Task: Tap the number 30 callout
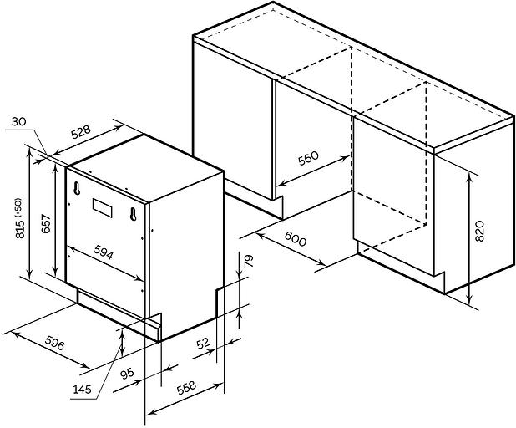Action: pyautogui.click(x=18, y=122)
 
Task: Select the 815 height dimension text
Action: pyautogui.click(x=20, y=227)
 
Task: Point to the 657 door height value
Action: pyautogui.click(x=46, y=224)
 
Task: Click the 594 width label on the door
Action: pyautogui.click(x=104, y=252)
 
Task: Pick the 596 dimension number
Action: pyautogui.click(x=54, y=343)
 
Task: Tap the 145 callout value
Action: pyautogui.click(x=82, y=390)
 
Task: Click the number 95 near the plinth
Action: pyautogui.click(x=127, y=374)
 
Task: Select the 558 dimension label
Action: pyautogui.click(x=186, y=388)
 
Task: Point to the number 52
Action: pyautogui.click(x=203, y=344)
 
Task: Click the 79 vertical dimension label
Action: pyautogui.click(x=249, y=261)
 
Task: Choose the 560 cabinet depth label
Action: pyautogui.click(x=308, y=158)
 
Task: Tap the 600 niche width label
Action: pyautogui.click(x=296, y=238)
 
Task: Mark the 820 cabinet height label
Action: pyautogui.click(x=480, y=231)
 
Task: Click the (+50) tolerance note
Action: pyautogui.click(x=18, y=207)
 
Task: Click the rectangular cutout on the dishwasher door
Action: pyautogui.click(x=102, y=208)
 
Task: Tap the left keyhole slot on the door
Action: pyautogui.click(x=77, y=188)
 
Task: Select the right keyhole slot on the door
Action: pyautogui.click(x=133, y=214)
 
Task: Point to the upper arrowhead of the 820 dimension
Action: pyautogui.click(x=469, y=176)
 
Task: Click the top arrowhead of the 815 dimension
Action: pyautogui.click(x=30, y=153)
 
